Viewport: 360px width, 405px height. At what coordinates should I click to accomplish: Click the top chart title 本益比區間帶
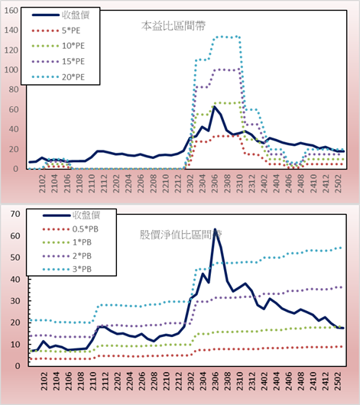pos(174,26)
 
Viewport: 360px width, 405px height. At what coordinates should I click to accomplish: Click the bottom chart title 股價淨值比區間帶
pos(180,235)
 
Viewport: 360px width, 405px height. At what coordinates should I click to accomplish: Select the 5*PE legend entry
pos(56,31)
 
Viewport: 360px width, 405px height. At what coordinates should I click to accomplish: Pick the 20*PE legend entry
pos(58,77)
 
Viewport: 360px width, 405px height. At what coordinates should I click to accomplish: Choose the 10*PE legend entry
pos(58,46)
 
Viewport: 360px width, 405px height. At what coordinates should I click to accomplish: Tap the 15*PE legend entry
pos(58,61)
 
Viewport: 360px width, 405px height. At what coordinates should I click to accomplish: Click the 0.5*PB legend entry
pos(70,229)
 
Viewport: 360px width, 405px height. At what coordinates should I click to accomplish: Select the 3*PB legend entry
pos(67,269)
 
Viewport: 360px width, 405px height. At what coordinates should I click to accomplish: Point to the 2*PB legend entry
pos(67,256)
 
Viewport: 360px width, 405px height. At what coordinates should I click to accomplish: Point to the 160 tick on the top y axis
pos(11,11)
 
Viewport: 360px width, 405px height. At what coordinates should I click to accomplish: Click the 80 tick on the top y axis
pos(14,89)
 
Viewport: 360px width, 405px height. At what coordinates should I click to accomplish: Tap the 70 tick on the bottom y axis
pos(15,214)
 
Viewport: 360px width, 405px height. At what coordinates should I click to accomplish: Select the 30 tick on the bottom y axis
pos(15,301)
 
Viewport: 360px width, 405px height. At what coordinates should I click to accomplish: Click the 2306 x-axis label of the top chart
pos(215,183)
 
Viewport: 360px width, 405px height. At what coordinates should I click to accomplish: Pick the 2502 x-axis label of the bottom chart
pos(338,381)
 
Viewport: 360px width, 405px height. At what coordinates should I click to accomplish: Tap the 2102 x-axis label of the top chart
pos(42,183)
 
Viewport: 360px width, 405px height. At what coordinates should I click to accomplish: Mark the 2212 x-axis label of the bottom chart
pos(178,381)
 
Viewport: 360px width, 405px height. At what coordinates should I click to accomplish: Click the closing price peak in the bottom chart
pos(215,229)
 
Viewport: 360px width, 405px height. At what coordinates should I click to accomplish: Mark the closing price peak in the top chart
pos(214,107)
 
